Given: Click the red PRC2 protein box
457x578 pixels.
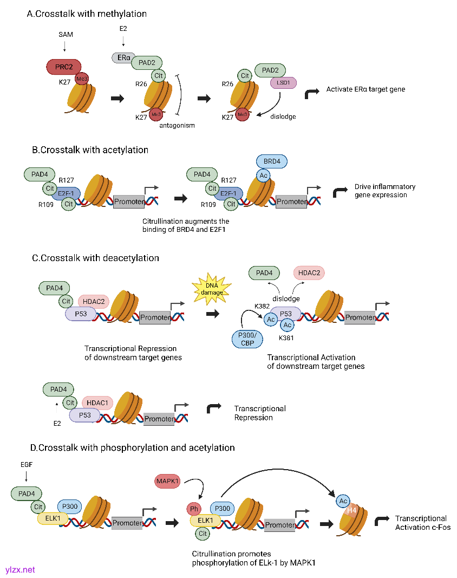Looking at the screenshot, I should [63, 67].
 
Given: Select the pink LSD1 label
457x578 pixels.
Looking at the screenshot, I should [283, 83].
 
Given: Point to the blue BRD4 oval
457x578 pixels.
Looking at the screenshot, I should [272, 161].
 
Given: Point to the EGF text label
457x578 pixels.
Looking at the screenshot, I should [25, 464].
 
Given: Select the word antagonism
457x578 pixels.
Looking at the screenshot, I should [177, 125].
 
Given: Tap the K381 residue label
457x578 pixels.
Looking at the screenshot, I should [286, 337].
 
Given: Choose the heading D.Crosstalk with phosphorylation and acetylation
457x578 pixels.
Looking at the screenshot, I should [133, 447].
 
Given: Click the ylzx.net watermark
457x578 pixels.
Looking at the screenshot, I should [20, 569].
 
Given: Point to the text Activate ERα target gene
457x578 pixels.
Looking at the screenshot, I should [365, 89].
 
